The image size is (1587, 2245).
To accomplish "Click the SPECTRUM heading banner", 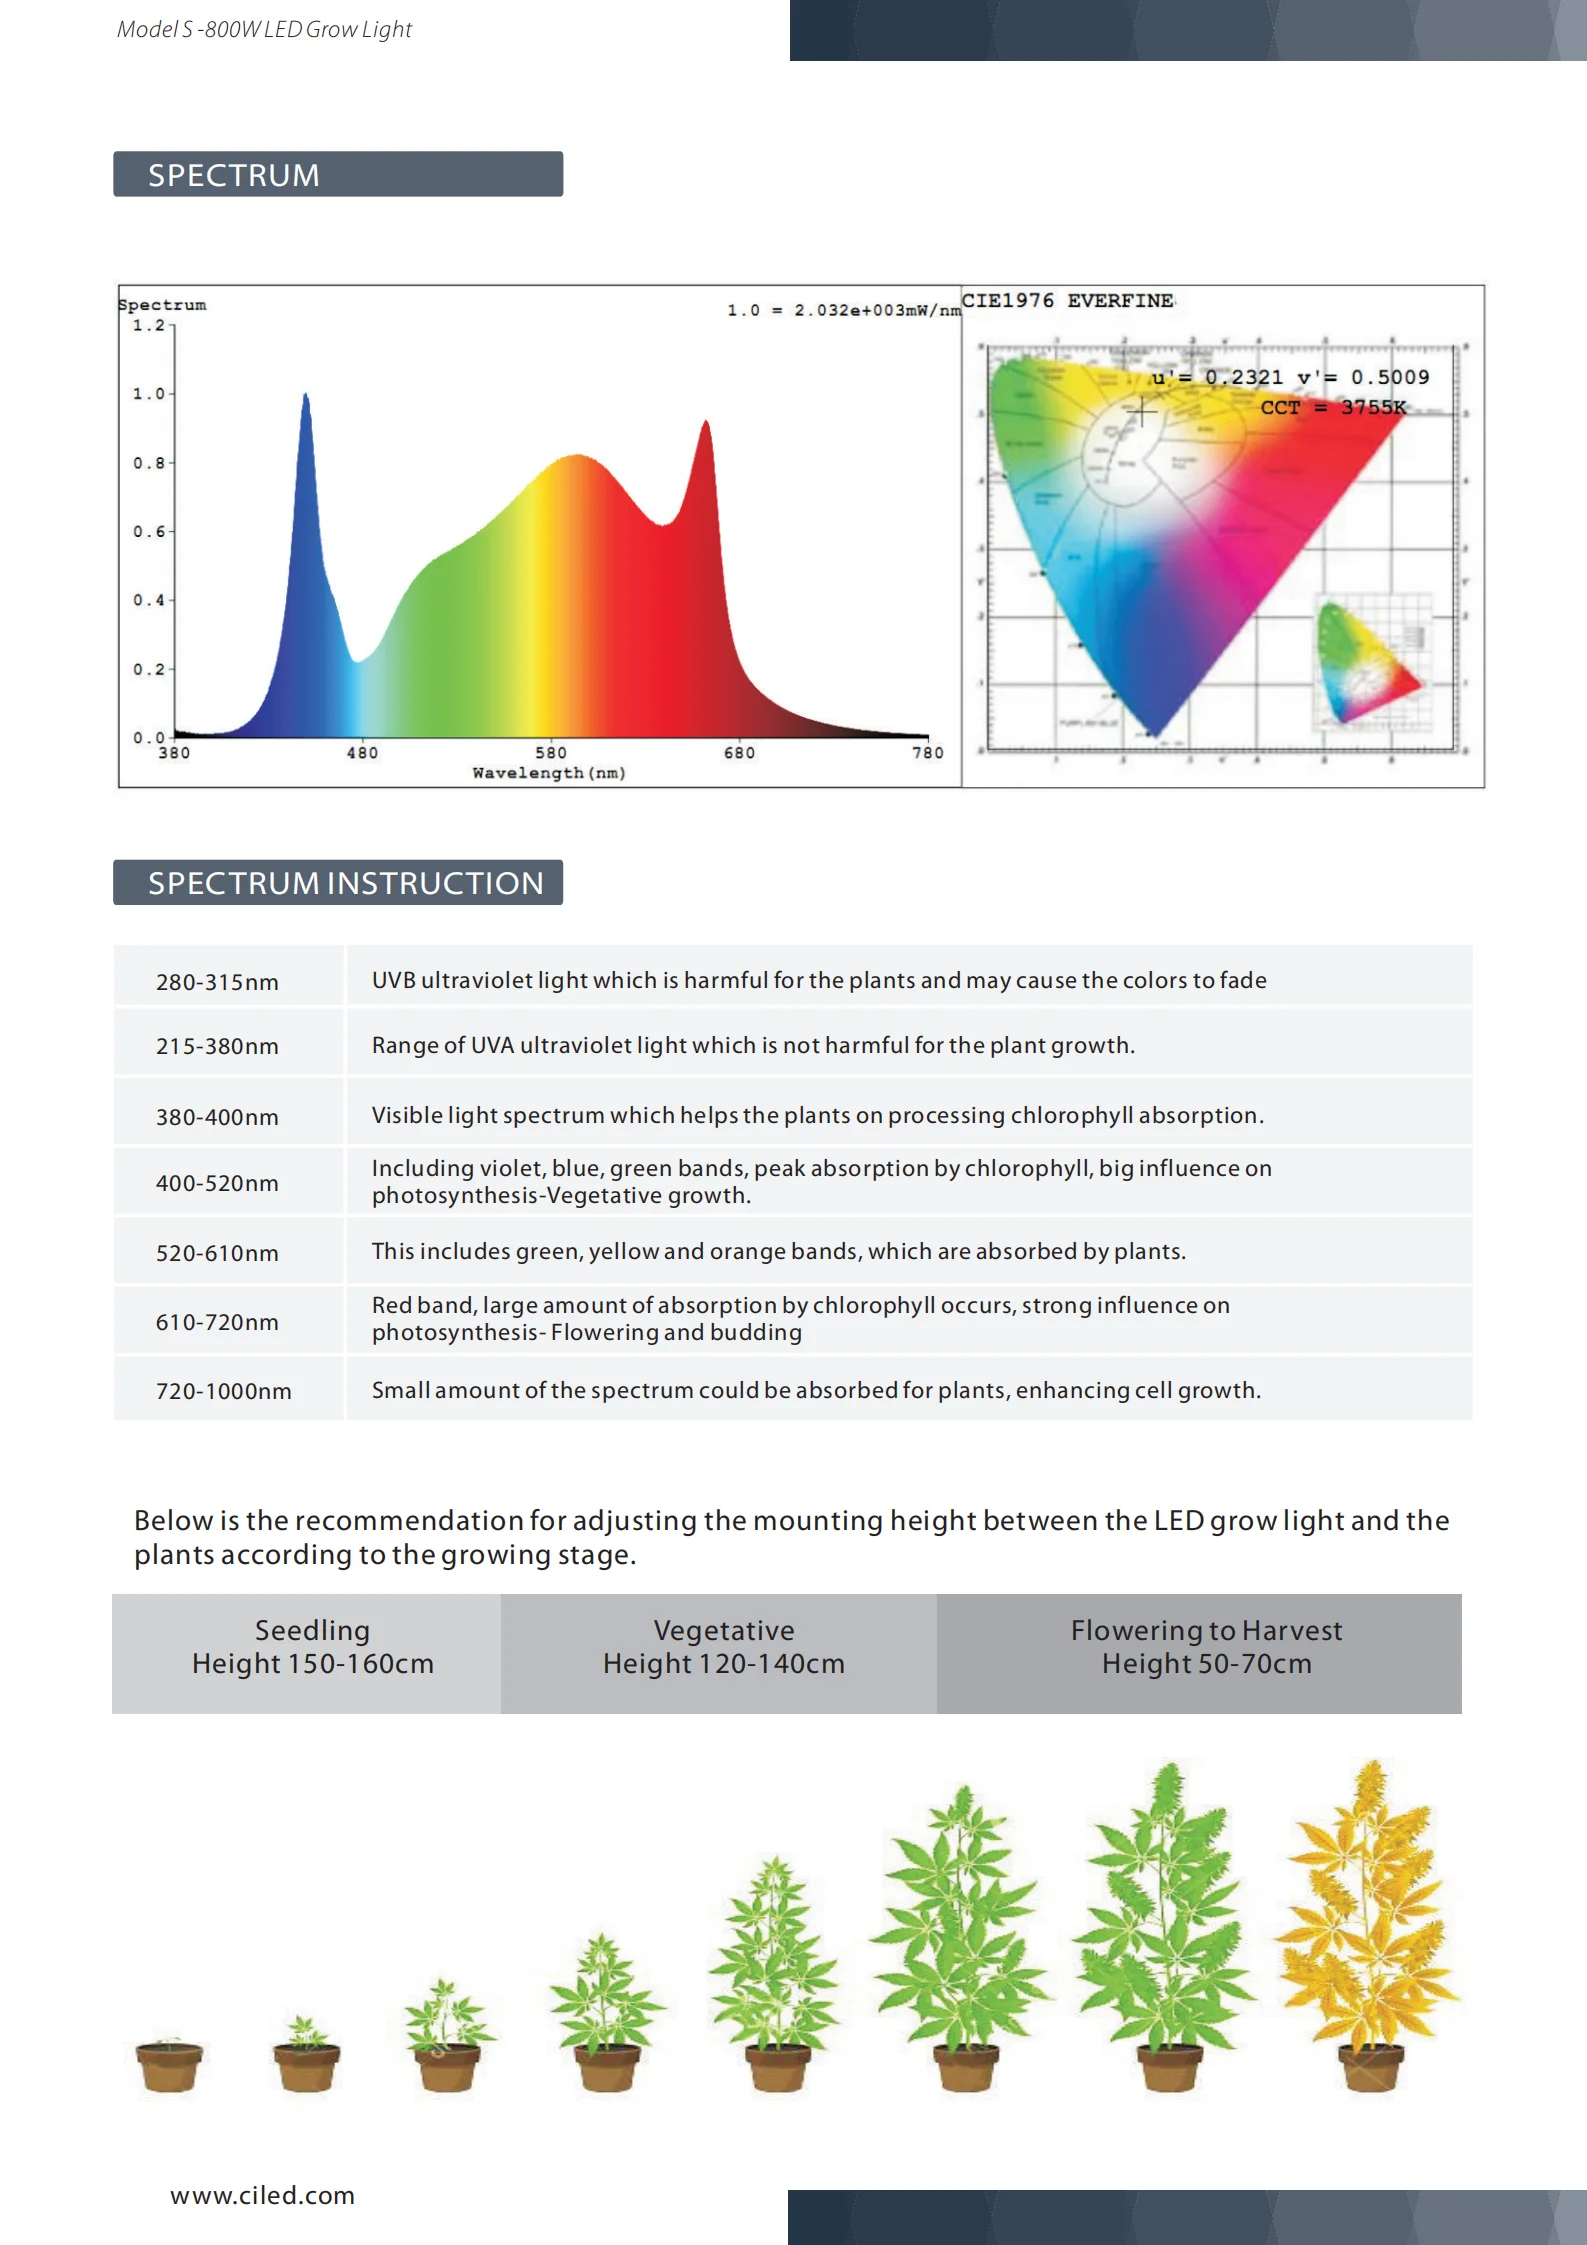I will point(337,175).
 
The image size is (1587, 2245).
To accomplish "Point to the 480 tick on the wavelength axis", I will point(362,752).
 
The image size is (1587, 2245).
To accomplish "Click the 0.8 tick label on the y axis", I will point(148,463).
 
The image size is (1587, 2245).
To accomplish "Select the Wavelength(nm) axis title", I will point(549,773).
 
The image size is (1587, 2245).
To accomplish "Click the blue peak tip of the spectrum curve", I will point(306,397).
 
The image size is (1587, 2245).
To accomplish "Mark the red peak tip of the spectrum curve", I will point(706,423).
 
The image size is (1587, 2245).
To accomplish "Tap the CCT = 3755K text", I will point(1333,407).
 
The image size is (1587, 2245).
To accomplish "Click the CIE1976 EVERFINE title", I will point(1067,301).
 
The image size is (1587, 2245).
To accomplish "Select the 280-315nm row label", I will point(217,982).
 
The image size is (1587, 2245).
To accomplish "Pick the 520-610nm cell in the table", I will point(217,1253).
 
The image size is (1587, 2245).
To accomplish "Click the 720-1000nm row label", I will point(223,1391).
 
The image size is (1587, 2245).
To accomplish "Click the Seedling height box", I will point(312,1647).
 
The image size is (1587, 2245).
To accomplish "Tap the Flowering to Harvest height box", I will point(1206,1647).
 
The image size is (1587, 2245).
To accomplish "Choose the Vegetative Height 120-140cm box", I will point(723,1647).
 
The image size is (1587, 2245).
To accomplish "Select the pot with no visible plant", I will point(169,2065).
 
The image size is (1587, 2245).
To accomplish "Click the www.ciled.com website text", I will point(262,2195).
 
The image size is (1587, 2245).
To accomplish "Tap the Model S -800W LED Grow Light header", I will point(264,30).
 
